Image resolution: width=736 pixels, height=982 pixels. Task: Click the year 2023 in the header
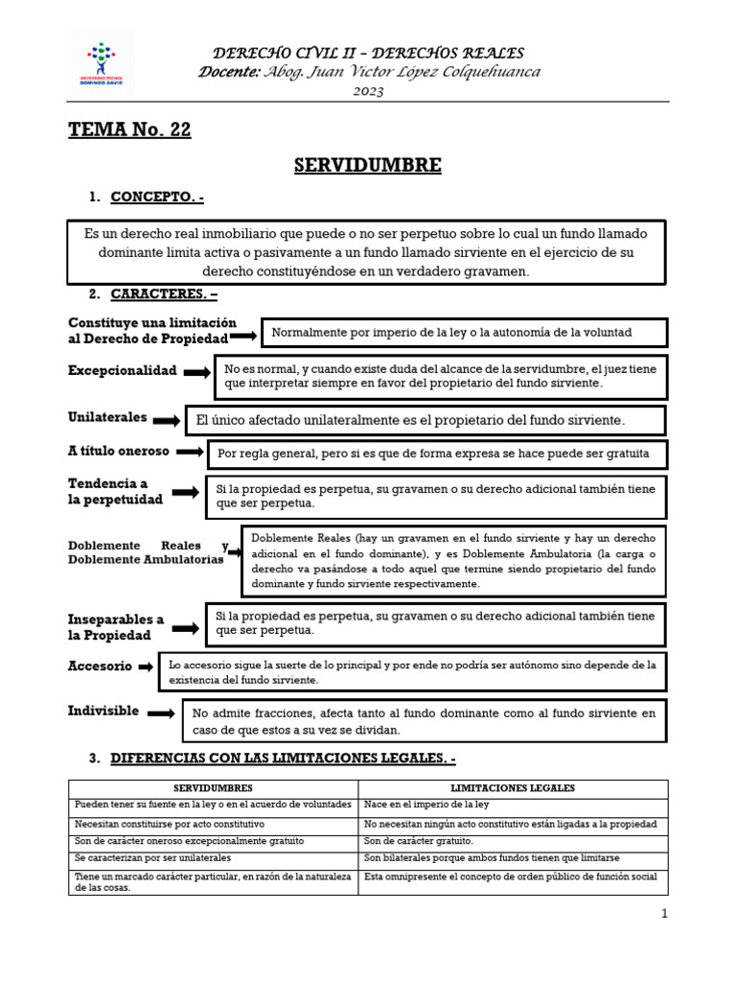(368, 91)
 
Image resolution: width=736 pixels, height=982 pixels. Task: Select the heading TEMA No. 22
(129, 130)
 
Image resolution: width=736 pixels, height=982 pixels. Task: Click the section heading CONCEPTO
(156, 198)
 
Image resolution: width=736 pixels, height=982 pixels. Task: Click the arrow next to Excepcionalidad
(196, 372)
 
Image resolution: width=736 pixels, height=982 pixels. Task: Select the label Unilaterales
(107, 418)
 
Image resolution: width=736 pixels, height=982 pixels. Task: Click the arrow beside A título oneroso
(192, 452)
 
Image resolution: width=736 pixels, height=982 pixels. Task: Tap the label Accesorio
(100, 666)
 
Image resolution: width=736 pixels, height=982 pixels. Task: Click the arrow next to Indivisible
(162, 713)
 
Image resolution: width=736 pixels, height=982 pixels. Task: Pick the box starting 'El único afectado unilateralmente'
(425, 420)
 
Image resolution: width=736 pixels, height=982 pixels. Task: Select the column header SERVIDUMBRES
(213, 787)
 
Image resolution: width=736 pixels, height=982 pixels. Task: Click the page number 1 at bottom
(664, 914)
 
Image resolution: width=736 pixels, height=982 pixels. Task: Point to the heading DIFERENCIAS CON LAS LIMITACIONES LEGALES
(284, 759)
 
